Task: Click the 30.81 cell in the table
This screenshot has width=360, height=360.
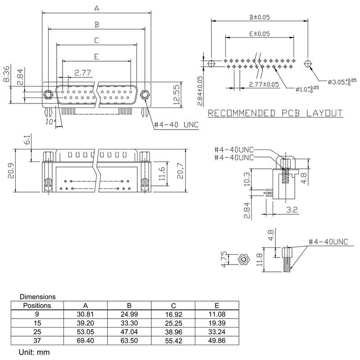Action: pyautogui.click(x=85, y=314)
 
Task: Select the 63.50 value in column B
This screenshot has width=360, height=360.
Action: pyautogui.click(x=129, y=341)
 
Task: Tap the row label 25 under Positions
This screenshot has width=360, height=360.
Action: pyautogui.click(x=37, y=332)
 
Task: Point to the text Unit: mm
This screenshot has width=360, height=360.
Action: pyautogui.click(x=34, y=352)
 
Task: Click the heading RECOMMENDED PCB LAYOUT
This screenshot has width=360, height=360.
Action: pyautogui.click(x=275, y=113)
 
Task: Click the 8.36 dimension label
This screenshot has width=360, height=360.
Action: pyautogui.click(x=6, y=74)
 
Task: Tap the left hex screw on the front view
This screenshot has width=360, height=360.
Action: pyautogui.click(x=47, y=95)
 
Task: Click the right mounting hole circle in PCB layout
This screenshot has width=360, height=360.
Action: pyautogui.click(x=308, y=63)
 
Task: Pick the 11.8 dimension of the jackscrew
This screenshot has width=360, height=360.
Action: pyautogui.click(x=259, y=260)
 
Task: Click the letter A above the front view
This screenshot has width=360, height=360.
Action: pyautogui.click(x=96, y=8)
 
